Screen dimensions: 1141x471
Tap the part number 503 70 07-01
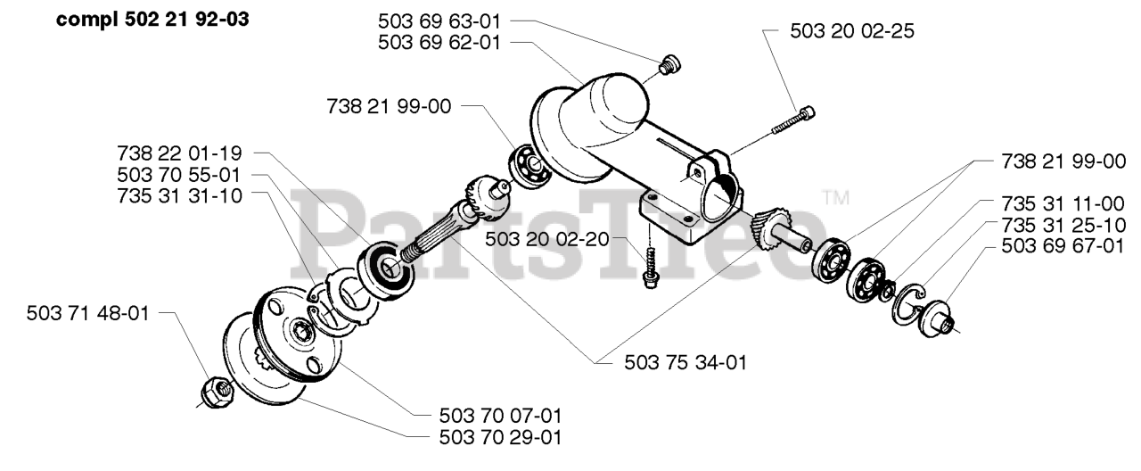coord(500,416)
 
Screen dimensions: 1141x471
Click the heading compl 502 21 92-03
coord(152,20)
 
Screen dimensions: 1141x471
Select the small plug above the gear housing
coord(669,64)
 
